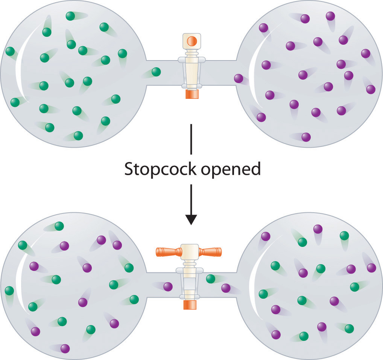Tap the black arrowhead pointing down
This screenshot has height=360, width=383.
[191, 219]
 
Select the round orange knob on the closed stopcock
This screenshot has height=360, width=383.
[191, 41]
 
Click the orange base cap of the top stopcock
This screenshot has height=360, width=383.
[191, 94]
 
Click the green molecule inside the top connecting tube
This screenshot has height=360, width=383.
[156, 72]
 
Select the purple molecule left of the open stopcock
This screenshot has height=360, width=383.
[168, 287]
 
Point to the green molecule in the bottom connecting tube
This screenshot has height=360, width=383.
[211, 278]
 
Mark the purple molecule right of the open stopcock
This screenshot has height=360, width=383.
[226, 288]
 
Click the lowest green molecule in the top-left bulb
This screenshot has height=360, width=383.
[78, 136]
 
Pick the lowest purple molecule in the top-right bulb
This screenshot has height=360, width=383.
[306, 137]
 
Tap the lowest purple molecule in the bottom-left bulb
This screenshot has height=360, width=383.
[65, 348]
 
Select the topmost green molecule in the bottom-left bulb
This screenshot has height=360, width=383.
[59, 226]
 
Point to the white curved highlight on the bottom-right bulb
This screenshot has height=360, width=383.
[254, 286]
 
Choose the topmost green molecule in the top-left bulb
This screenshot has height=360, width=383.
[70, 16]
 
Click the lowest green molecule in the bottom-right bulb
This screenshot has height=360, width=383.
[304, 336]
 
